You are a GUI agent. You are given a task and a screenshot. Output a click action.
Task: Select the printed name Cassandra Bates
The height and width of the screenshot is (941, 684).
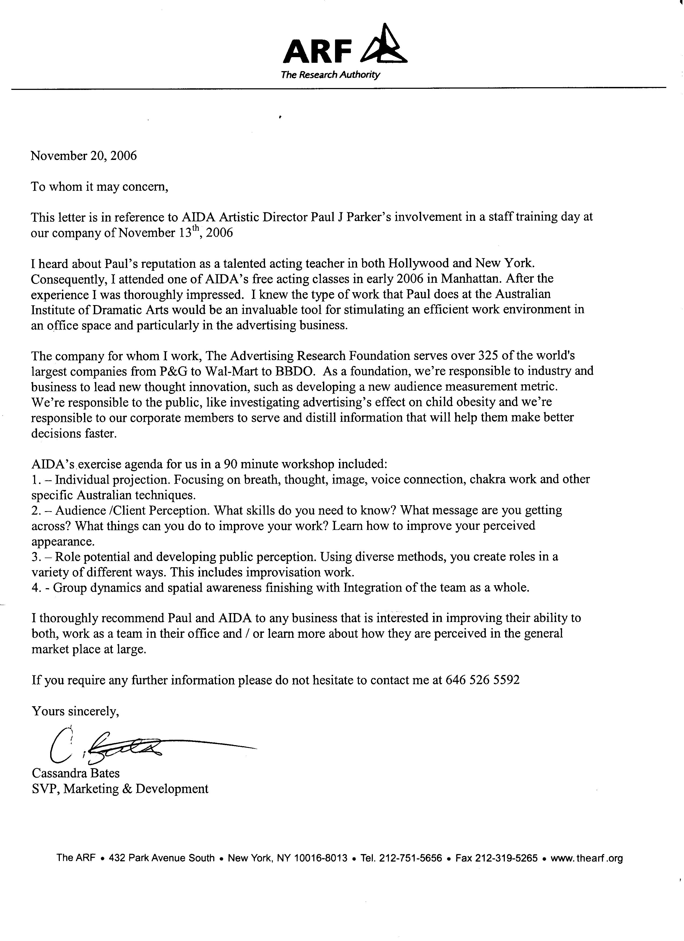pyautogui.click(x=75, y=773)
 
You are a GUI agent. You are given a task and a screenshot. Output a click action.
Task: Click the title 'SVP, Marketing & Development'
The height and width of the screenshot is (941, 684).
pyautogui.click(x=120, y=789)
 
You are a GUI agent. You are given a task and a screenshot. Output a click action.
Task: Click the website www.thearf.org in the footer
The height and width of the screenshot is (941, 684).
pyautogui.click(x=587, y=858)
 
